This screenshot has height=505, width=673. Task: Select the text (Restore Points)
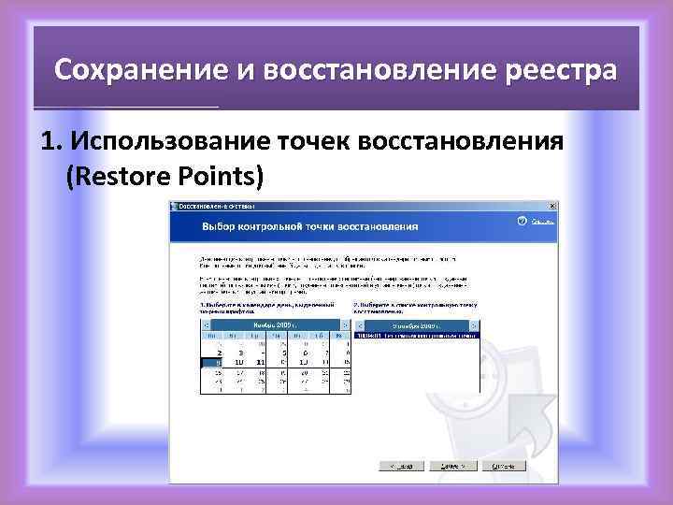(x=165, y=174)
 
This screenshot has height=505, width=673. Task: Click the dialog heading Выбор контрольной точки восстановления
(x=309, y=226)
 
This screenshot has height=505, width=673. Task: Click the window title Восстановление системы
(x=211, y=206)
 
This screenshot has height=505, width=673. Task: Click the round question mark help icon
(x=520, y=222)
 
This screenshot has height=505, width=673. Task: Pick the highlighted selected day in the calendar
(x=216, y=361)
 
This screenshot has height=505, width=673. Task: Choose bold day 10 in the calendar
(x=237, y=361)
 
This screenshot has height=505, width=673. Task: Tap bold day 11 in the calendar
(x=261, y=361)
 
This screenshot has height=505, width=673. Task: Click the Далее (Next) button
(x=465, y=465)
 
